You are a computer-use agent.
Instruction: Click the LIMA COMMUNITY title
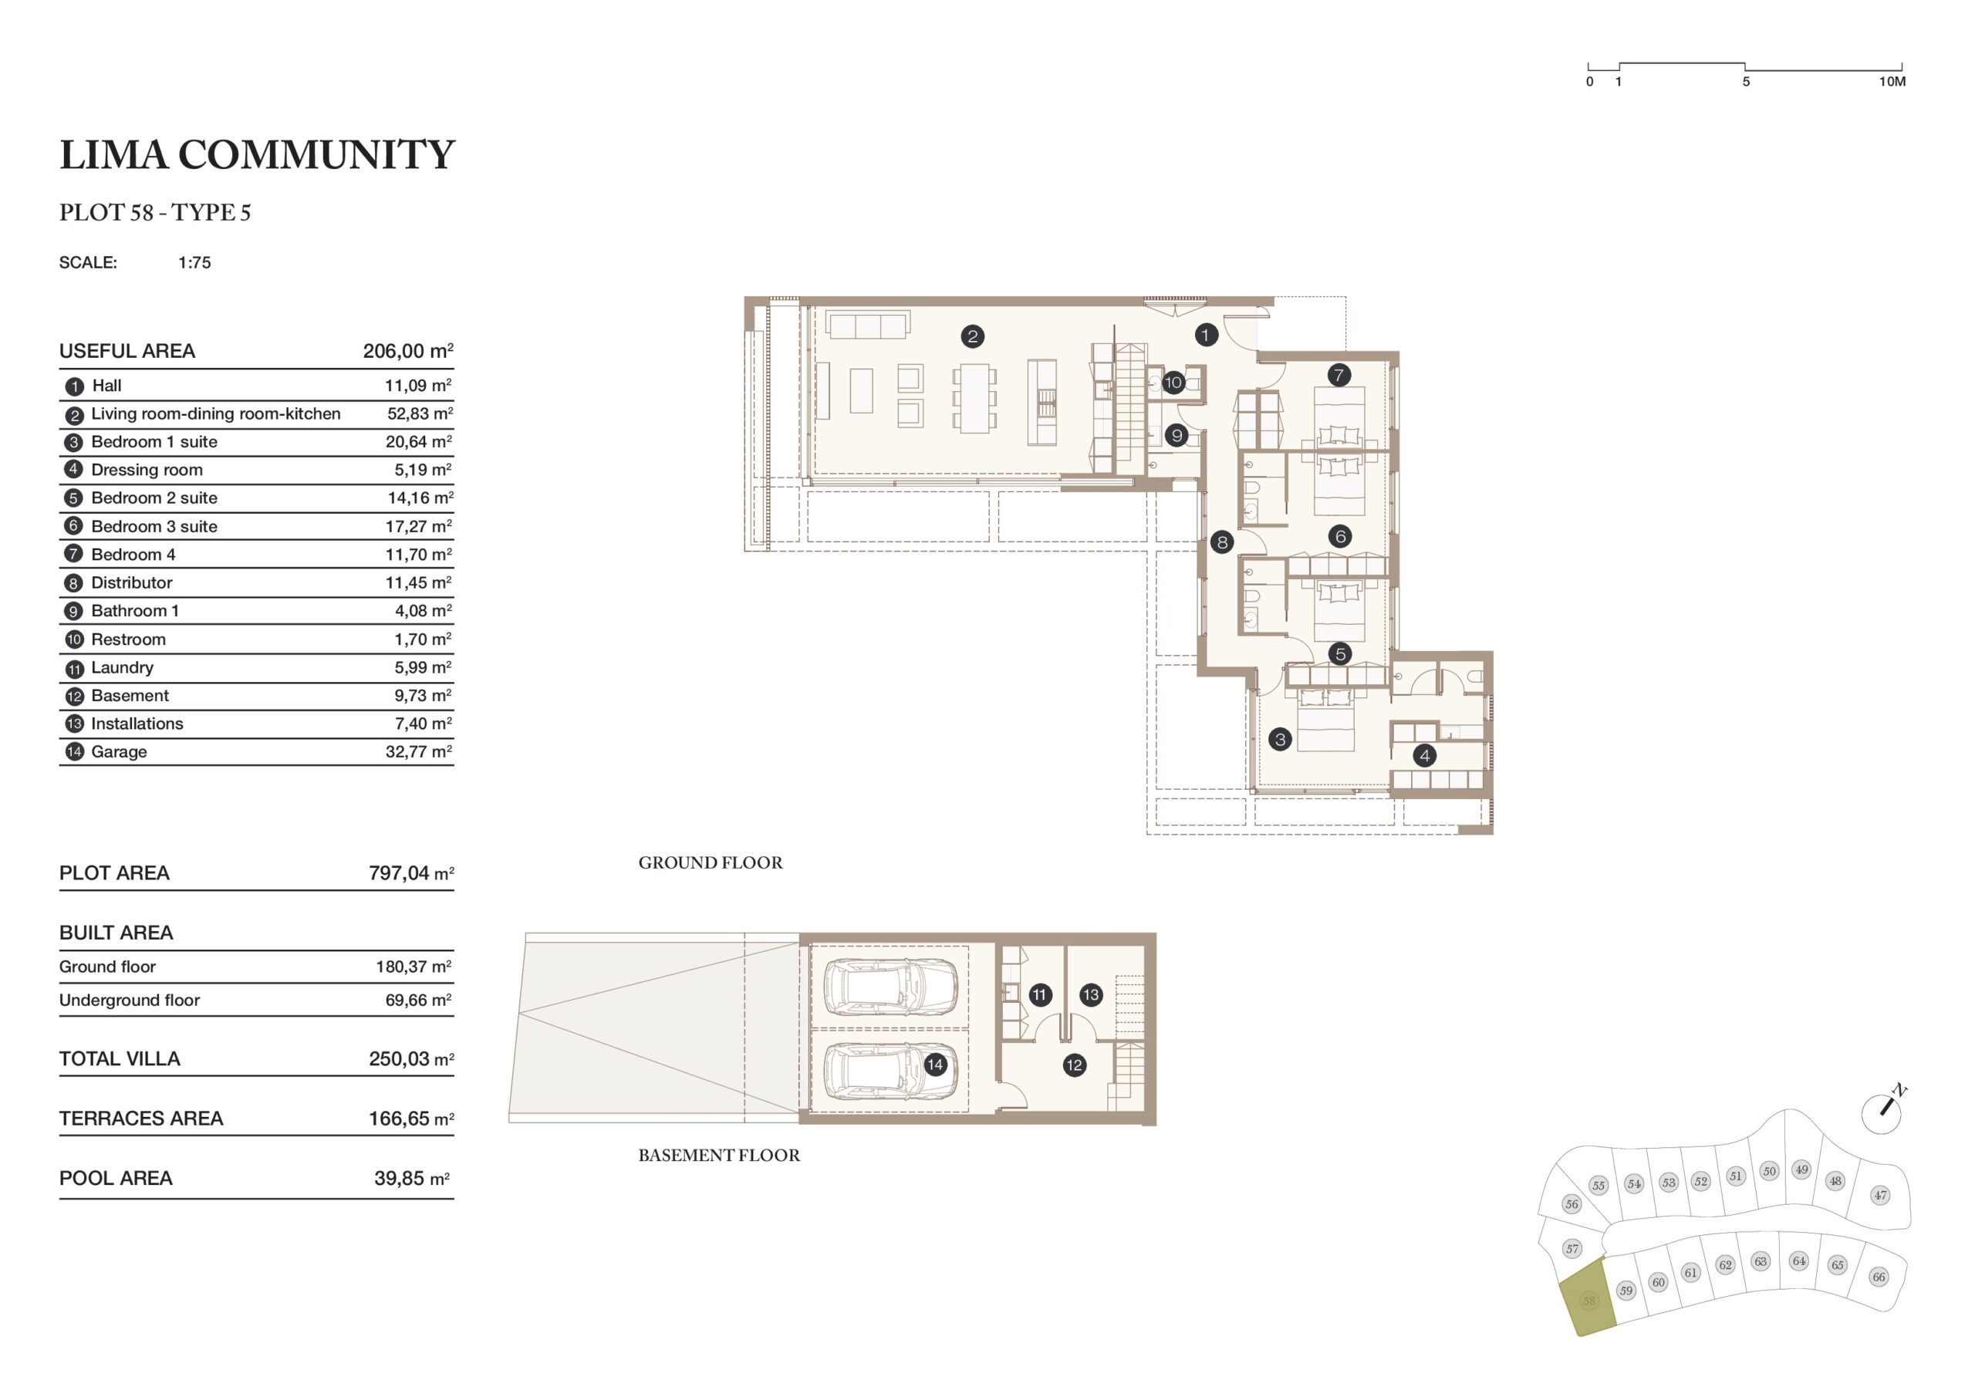(256, 155)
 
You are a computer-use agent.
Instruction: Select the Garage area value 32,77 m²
(419, 751)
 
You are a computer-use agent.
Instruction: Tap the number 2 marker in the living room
(972, 336)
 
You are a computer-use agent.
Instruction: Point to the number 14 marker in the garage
(935, 1065)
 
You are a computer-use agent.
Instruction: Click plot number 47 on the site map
(1879, 1195)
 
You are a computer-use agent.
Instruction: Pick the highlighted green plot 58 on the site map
(1587, 1299)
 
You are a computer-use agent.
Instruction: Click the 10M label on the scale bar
(1892, 82)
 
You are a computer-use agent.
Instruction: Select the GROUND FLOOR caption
(711, 862)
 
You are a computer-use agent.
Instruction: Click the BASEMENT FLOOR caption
(719, 1156)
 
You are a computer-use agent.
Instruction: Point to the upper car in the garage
(890, 987)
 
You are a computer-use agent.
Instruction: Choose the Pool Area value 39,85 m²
(411, 1179)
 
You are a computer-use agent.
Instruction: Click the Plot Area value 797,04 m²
(411, 873)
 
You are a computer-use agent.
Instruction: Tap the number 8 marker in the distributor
(1221, 542)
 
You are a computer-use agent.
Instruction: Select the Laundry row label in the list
(122, 667)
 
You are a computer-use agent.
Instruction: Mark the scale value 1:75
(194, 262)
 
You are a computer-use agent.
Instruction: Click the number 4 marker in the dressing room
(1424, 755)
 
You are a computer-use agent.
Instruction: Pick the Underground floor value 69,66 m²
(419, 1000)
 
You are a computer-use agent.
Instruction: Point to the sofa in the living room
(867, 324)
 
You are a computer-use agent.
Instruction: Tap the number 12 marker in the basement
(1073, 1065)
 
